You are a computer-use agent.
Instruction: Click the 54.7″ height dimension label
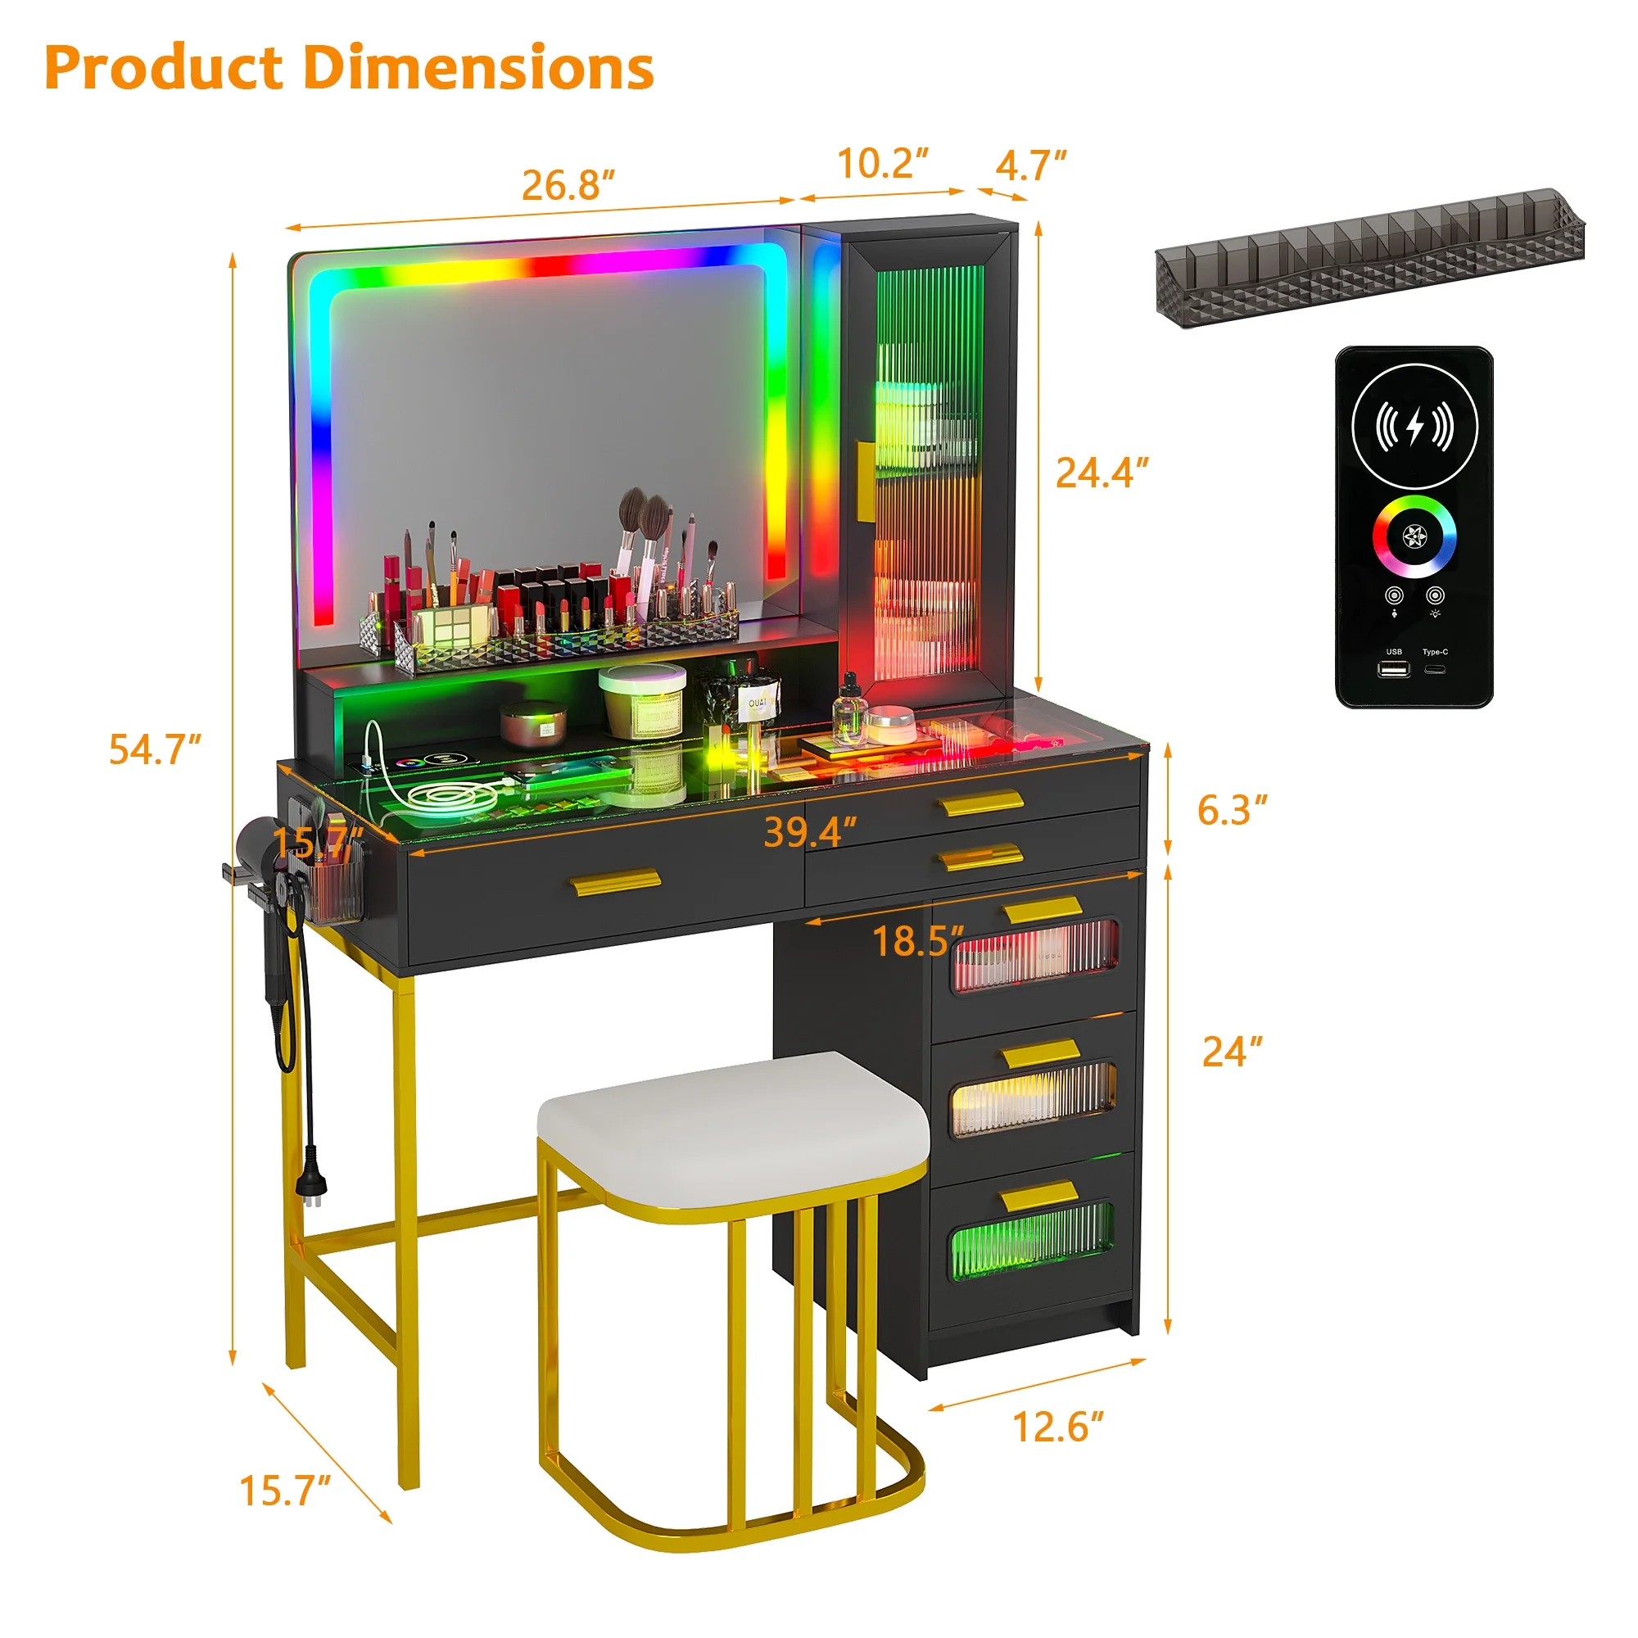coord(155,749)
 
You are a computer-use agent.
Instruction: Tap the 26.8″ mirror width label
coord(568,186)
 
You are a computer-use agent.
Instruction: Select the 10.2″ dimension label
coord(883,163)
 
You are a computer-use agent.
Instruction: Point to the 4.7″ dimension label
coord(1030,165)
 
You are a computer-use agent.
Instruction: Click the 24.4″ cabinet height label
coord(1102,473)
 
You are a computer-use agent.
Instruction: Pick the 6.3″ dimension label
coord(1232,810)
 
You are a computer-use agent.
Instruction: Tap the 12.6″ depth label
coord(1059,1427)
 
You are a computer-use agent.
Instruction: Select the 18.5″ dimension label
coord(918,941)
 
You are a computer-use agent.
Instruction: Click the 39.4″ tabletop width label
coord(810,833)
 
